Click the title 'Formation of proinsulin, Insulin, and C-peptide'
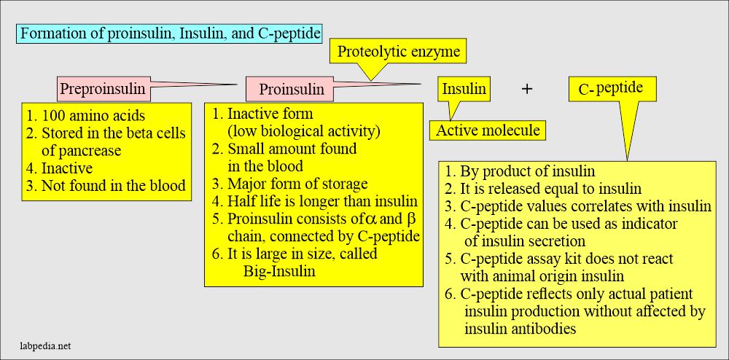click(169, 34)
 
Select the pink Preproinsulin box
click(101, 90)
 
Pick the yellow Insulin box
click(464, 89)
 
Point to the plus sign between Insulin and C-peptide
click(528, 89)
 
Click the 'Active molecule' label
click(487, 130)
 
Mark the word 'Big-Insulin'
click(281, 271)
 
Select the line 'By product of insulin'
click(519, 172)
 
